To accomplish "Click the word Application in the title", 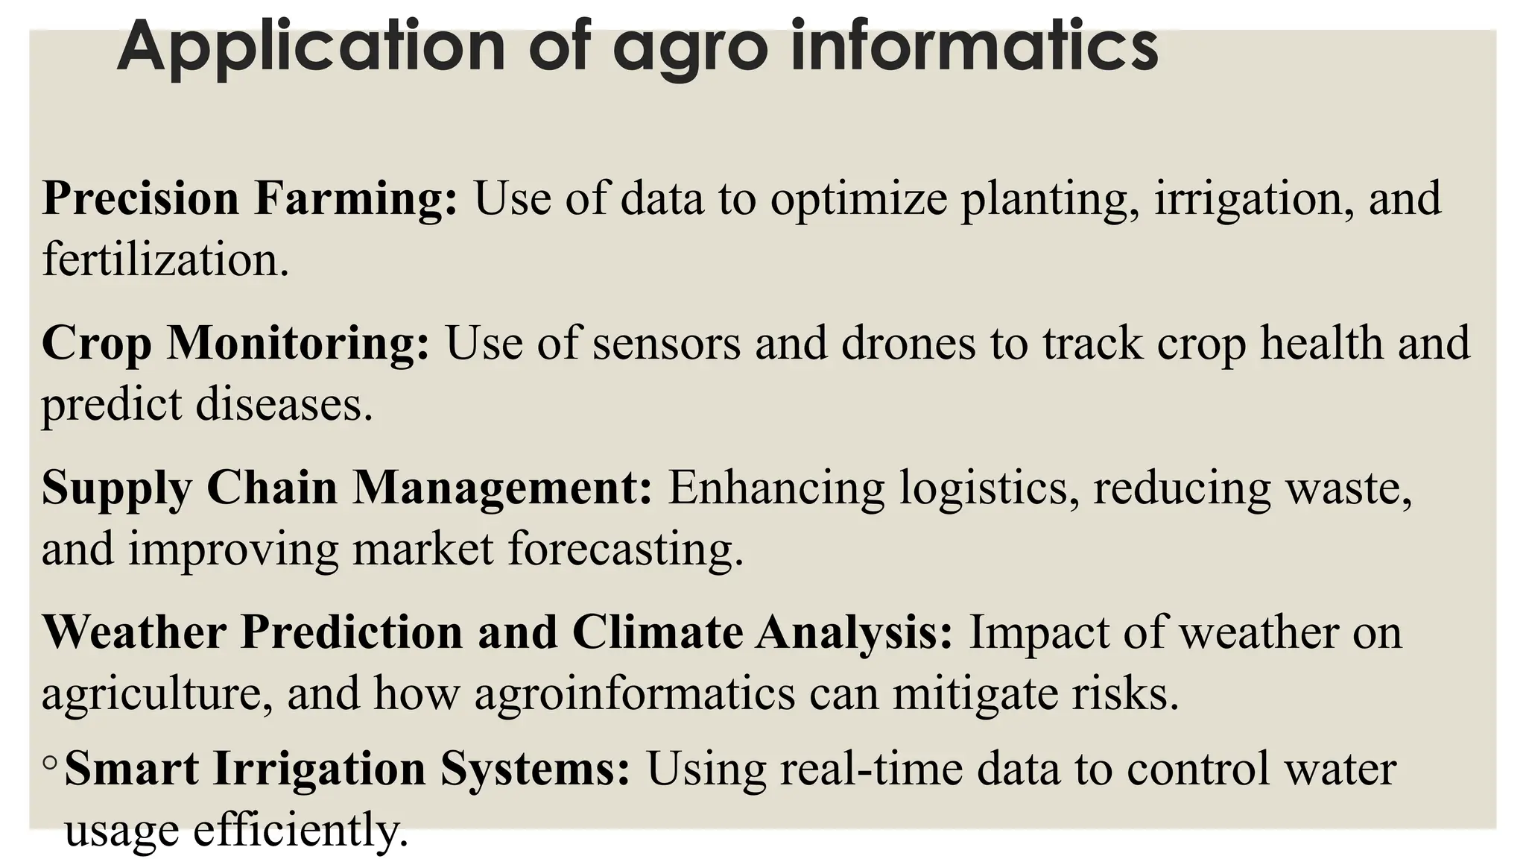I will tap(311, 46).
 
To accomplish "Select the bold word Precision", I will tap(140, 198).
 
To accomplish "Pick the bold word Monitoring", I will tap(297, 343).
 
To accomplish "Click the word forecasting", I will tap(626, 550).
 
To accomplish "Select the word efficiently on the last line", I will tap(301, 831).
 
